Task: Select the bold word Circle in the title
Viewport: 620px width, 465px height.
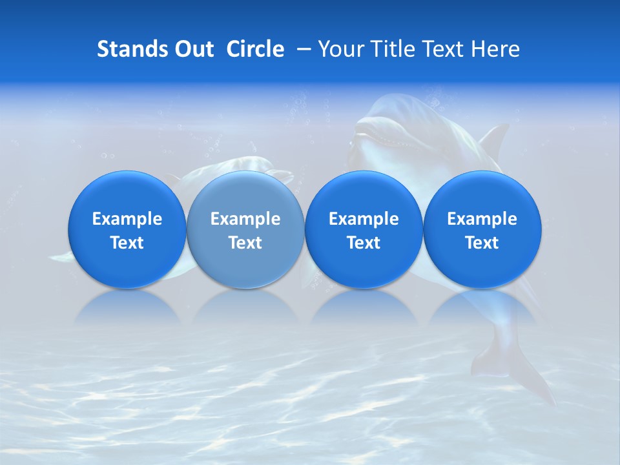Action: (x=255, y=50)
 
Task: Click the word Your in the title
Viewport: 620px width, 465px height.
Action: (x=339, y=50)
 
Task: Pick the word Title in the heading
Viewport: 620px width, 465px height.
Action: (x=391, y=50)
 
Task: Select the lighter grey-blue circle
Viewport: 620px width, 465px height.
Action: (x=245, y=230)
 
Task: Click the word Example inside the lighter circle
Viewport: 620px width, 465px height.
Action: (x=245, y=219)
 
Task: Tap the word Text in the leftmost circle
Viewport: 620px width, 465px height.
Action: (x=127, y=243)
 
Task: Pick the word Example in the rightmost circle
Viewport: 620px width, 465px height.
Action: (x=482, y=219)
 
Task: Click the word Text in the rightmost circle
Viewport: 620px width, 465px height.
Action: (x=482, y=243)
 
